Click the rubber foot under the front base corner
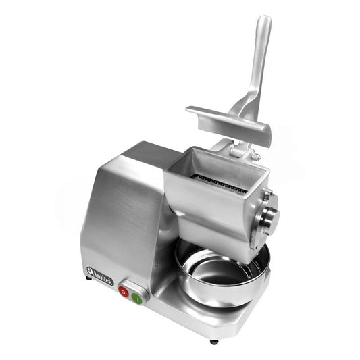(x=214, y=341)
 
